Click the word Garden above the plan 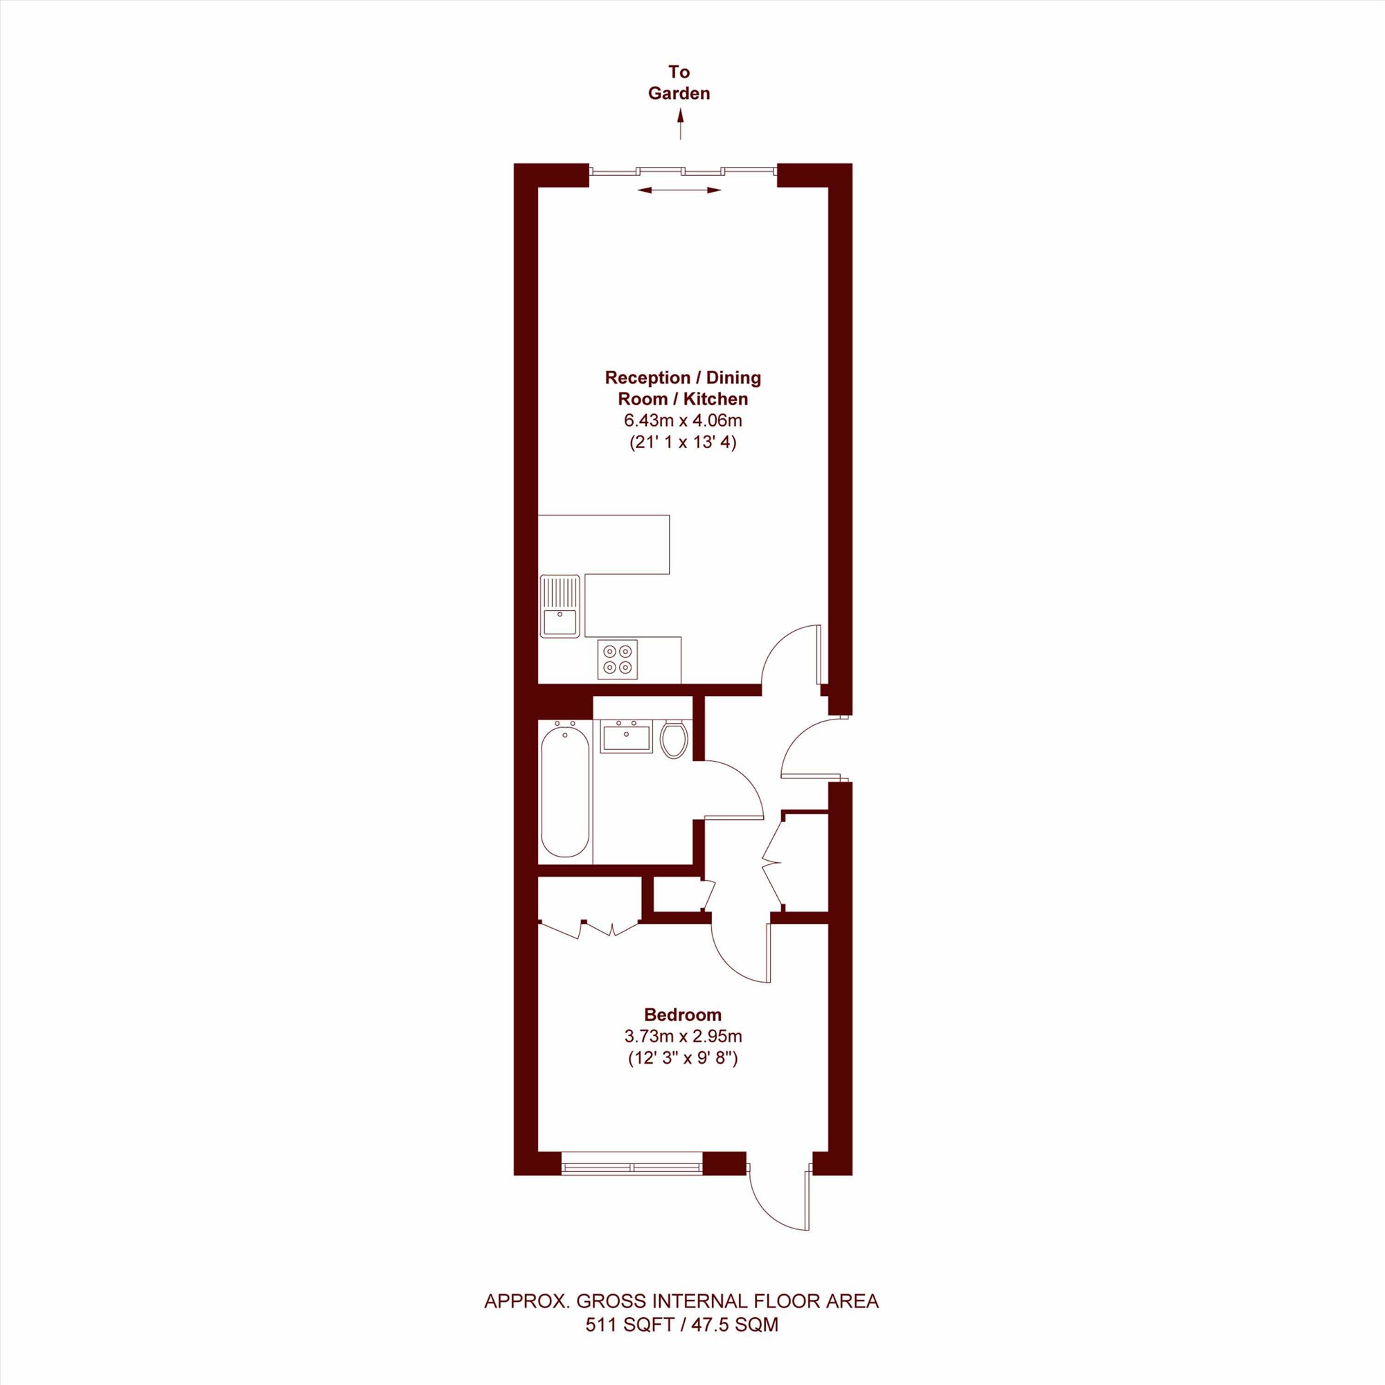(x=679, y=93)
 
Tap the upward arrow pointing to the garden (x=680, y=123)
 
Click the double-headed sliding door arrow (x=679, y=190)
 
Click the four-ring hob (x=617, y=659)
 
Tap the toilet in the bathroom (x=674, y=739)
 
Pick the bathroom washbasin (x=627, y=737)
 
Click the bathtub (x=565, y=792)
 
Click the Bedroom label (x=683, y=1015)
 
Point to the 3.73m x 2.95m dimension (x=683, y=1036)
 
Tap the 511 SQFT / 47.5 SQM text (x=681, y=1325)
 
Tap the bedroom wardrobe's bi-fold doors (x=589, y=927)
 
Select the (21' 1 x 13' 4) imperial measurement (x=683, y=443)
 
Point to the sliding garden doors (x=683, y=170)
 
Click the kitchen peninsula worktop (x=604, y=544)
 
